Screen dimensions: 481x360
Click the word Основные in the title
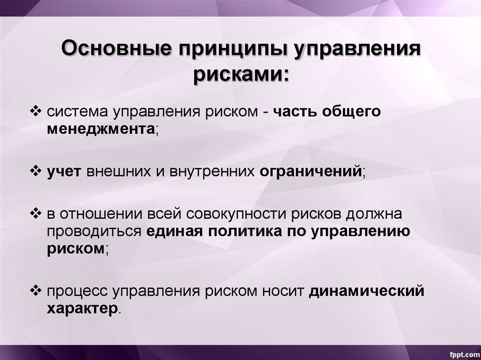pos(116,48)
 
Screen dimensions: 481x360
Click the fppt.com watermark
pos(464,354)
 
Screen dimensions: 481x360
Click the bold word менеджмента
pos(101,129)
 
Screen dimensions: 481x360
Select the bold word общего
pos(351,112)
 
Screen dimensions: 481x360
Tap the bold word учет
pos(64,171)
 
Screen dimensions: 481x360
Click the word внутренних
pos(212,171)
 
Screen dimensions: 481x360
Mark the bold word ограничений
pos(311,171)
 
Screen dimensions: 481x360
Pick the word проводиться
pos(94,232)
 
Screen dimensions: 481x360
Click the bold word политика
pos(244,231)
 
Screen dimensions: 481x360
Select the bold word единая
pos(175,231)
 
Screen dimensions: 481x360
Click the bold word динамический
pos(366,291)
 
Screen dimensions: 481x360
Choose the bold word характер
pos(82,309)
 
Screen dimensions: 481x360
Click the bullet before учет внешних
pos(36,171)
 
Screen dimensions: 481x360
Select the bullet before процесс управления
pos(36,291)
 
